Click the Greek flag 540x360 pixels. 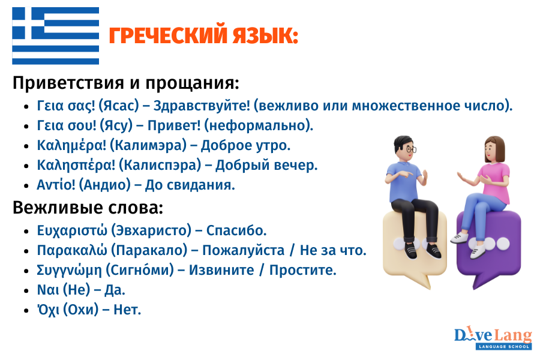[56, 36]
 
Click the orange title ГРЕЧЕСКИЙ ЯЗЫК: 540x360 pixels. [203, 37]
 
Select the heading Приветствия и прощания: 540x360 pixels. [126, 82]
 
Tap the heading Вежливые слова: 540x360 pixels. [88, 208]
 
